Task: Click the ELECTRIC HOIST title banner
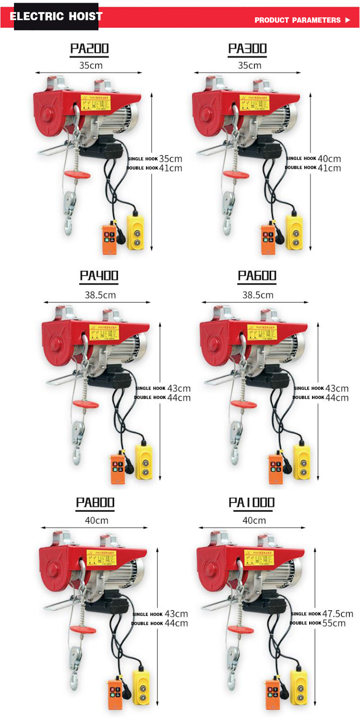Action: [x=57, y=16]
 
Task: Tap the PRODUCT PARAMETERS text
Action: [x=298, y=20]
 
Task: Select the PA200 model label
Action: [x=90, y=48]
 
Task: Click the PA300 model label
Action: [x=248, y=48]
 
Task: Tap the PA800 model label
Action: [x=96, y=503]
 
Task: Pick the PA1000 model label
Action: [x=252, y=503]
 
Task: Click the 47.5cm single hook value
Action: [x=337, y=613]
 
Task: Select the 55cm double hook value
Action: [x=334, y=623]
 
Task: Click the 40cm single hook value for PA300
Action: [x=329, y=158]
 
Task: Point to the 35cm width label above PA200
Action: [x=91, y=65]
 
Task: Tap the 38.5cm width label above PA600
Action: [x=258, y=295]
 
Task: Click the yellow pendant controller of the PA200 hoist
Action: [x=135, y=232]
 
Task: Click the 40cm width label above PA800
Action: [x=97, y=520]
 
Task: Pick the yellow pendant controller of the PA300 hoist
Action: [x=294, y=232]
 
